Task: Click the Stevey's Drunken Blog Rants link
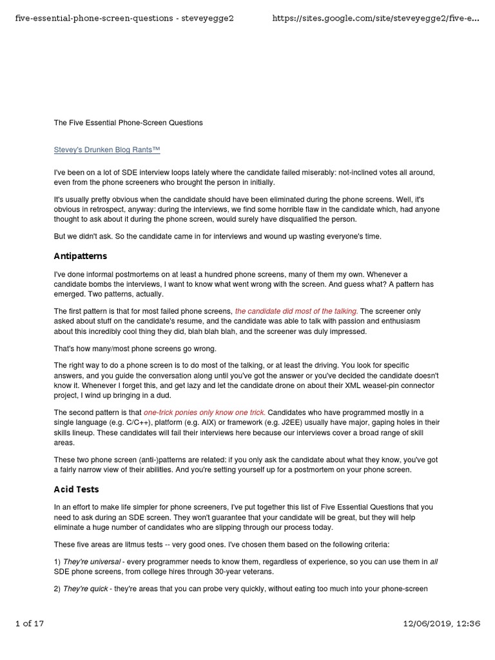[x=106, y=150]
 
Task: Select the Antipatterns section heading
[x=81, y=256]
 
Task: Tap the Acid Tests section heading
[x=76, y=489]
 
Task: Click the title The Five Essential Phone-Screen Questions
[x=128, y=122]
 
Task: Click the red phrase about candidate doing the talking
[x=296, y=311]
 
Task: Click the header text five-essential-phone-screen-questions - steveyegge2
[x=124, y=18]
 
